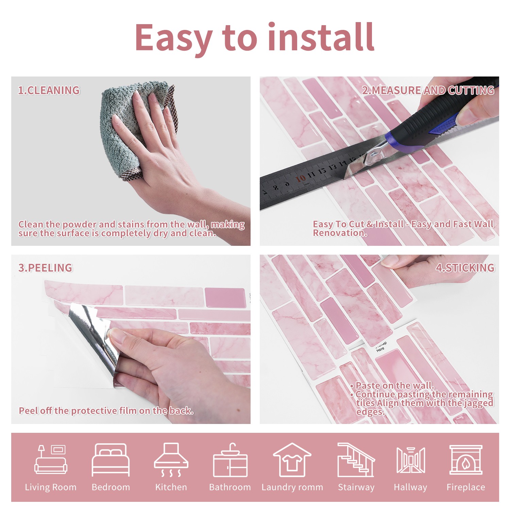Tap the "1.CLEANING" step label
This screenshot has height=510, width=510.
coord(49,90)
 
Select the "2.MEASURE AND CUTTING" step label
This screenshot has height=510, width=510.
coord(428,90)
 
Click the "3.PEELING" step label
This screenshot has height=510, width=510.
coord(45,268)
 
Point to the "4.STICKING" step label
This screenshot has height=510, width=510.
coord(465,268)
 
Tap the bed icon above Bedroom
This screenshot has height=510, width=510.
coord(111,460)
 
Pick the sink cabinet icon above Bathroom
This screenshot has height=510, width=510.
coord(230,460)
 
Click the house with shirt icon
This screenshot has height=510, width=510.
coord(292,460)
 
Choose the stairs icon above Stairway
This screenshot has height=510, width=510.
coord(356,460)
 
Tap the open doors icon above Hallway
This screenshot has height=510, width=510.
coord(411,460)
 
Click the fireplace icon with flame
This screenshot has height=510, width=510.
coord(466,460)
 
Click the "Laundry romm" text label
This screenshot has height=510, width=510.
coord(292,487)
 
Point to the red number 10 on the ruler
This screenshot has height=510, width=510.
coord(300,179)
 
